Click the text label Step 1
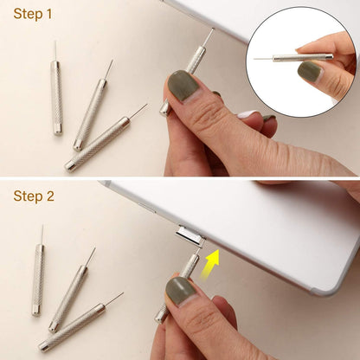click(x=33, y=14)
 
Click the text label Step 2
click(x=34, y=196)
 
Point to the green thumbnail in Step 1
click(x=183, y=87)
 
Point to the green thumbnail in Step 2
click(x=181, y=291)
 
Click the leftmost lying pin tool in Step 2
click(x=38, y=277)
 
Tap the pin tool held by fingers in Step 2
click(x=185, y=268)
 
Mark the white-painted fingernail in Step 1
click(x=248, y=113)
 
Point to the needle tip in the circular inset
click(x=256, y=59)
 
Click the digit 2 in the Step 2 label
click(x=50, y=196)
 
